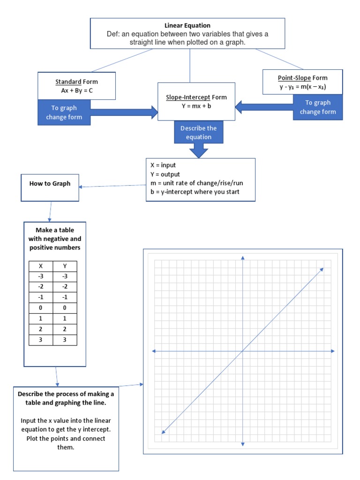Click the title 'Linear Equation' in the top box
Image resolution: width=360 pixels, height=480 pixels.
[x=187, y=25]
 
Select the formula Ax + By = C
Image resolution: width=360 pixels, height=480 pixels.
[x=77, y=90]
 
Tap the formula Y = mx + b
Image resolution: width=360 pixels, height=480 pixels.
[x=196, y=106]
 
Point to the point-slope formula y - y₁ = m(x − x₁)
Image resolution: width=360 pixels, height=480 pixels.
[x=302, y=87]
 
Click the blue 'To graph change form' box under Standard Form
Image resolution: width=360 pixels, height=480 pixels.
[x=64, y=112]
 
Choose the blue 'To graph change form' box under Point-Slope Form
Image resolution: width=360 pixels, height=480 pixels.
[x=317, y=107]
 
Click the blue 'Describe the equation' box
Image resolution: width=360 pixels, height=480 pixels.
[x=199, y=133]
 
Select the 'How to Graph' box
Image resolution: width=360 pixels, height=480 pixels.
[x=50, y=184]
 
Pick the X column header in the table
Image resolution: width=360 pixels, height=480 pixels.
[x=41, y=266]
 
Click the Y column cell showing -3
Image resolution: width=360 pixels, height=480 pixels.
[x=65, y=276]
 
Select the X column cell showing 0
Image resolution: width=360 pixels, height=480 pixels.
[x=41, y=307]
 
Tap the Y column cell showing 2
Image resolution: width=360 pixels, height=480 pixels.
[x=65, y=329]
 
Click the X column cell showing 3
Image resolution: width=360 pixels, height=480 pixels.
[x=41, y=340]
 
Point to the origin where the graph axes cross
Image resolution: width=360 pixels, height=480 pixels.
[x=242, y=351]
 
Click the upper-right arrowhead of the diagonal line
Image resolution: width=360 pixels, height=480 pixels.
[x=322, y=269]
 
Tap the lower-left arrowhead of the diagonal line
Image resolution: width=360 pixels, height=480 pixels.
[x=163, y=433]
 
